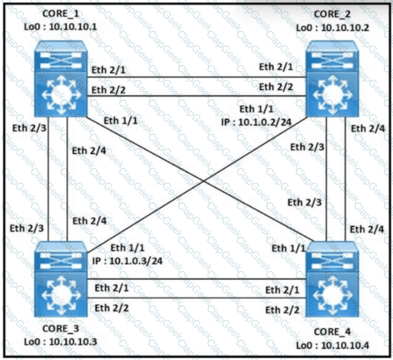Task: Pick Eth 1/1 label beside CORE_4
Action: point(287,249)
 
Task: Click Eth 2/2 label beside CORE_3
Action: point(110,308)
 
